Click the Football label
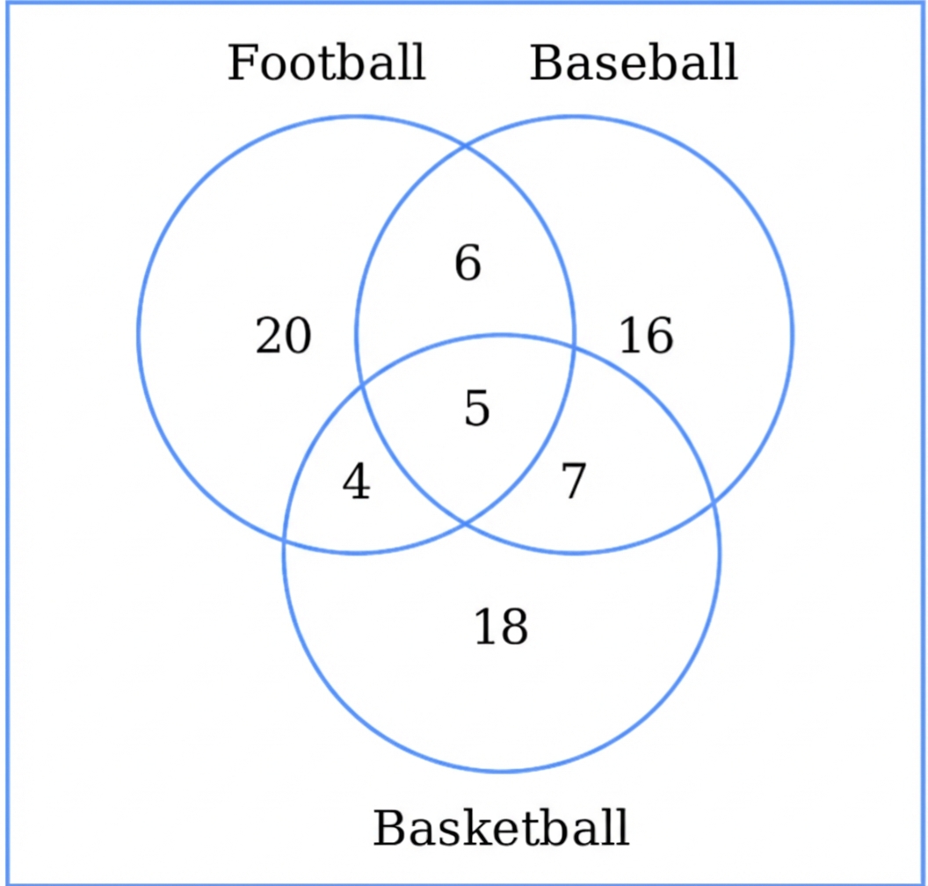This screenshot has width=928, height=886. pos(326,63)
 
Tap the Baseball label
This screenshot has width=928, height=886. pos(634,63)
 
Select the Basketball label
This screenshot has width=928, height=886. pos(501,828)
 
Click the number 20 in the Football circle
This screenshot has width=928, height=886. pos(283,337)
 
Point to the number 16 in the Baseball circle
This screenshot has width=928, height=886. pos(646,337)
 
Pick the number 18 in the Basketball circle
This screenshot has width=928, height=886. pos(501,628)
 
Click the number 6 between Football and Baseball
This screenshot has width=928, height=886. pos(468,264)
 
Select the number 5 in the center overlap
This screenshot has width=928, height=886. pos(476,409)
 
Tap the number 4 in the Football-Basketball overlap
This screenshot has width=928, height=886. pos(356,483)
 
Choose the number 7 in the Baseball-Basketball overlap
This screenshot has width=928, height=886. pos(573,482)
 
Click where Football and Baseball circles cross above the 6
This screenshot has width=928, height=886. pos(464,144)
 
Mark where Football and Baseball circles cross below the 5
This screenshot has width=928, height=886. pos(464,525)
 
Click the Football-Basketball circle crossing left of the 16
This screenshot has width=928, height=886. pos(574,348)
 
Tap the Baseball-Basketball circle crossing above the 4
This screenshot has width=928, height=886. pos(361,387)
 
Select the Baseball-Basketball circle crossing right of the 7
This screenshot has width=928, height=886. pos(714,507)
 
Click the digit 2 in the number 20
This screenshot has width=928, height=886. pos(269,337)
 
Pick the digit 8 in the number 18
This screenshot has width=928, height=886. pos(513,628)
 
